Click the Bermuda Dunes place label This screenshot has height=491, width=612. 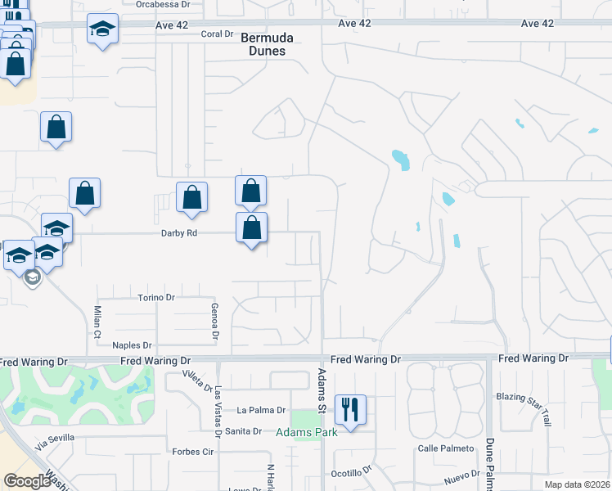(x=263, y=43)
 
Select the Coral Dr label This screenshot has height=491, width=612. (x=218, y=34)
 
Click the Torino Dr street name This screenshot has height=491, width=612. (x=157, y=297)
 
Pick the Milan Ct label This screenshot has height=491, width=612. (x=97, y=322)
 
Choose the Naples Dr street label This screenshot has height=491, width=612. (x=133, y=345)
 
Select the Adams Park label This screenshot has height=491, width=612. (x=307, y=432)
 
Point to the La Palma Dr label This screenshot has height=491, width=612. (x=261, y=410)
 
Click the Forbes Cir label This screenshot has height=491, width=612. (x=193, y=451)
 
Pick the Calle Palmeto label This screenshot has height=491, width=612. (x=446, y=448)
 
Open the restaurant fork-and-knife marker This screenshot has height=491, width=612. (x=351, y=408)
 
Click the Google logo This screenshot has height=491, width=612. (x=27, y=481)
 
